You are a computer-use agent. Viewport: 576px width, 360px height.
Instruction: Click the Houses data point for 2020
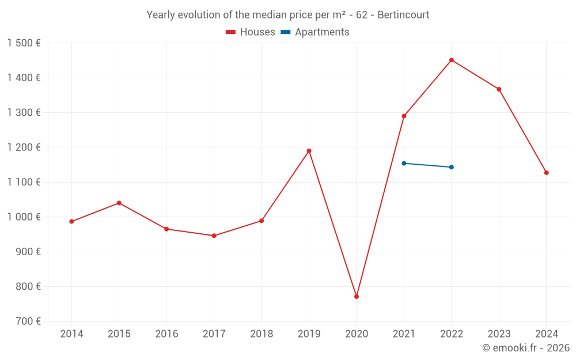coord(357,297)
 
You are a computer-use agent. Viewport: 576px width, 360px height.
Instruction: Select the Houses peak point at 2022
coord(452,60)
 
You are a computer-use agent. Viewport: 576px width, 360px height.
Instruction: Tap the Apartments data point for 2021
coord(404,164)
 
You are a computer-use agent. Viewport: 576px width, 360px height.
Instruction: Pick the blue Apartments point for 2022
coord(452,167)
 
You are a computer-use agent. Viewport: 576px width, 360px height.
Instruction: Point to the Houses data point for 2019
coord(309,151)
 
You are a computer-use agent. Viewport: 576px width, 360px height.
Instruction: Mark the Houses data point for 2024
coord(547,173)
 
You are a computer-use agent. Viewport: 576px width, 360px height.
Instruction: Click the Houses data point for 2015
coord(119,203)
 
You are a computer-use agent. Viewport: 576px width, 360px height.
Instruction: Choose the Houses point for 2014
coord(71,222)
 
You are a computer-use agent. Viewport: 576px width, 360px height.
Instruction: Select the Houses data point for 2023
coord(499,89)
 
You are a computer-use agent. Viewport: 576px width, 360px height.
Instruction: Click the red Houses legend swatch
coord(231,32)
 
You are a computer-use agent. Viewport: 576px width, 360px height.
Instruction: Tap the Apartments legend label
coord(322,32)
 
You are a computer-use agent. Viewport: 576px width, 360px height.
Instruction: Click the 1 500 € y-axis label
coord(24,43)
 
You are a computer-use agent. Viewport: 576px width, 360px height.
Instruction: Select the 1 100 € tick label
coord(24,182)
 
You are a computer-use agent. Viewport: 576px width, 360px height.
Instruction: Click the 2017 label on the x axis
coord(214,334)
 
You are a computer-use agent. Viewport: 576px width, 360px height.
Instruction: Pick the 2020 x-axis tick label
coord(357,334)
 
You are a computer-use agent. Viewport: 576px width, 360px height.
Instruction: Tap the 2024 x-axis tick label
coord(547,334)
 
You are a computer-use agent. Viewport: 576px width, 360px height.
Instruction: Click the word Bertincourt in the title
coord(403,15)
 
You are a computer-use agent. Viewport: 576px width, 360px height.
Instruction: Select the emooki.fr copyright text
coord(526,348)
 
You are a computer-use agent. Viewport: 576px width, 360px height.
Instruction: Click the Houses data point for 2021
coord(404,116)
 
